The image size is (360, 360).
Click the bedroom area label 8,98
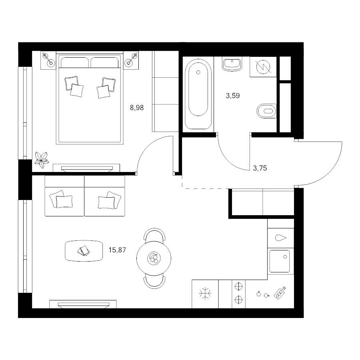coord(137,108)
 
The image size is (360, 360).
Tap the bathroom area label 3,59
coord(233,96)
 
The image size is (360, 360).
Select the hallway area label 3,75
coord(260,168)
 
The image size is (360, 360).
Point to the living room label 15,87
coord(117,250)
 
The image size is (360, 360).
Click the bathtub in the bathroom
coord(198,94)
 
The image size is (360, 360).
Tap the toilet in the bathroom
coord(266,111)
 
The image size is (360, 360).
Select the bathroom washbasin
coord(232,64)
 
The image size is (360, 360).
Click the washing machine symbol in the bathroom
coord(263,67)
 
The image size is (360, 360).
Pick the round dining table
coord(154,258)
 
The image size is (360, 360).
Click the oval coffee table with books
coord(84,251)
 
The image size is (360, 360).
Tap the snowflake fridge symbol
coord(205,294)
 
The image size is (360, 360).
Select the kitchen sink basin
coord(280,261)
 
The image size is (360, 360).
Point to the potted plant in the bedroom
coord(41,159)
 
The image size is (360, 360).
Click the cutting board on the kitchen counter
coord(280,293)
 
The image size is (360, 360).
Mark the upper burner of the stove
coord(238,286)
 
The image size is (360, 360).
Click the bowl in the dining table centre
coord(154,258)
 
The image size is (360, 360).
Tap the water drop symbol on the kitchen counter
coord(280,238)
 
